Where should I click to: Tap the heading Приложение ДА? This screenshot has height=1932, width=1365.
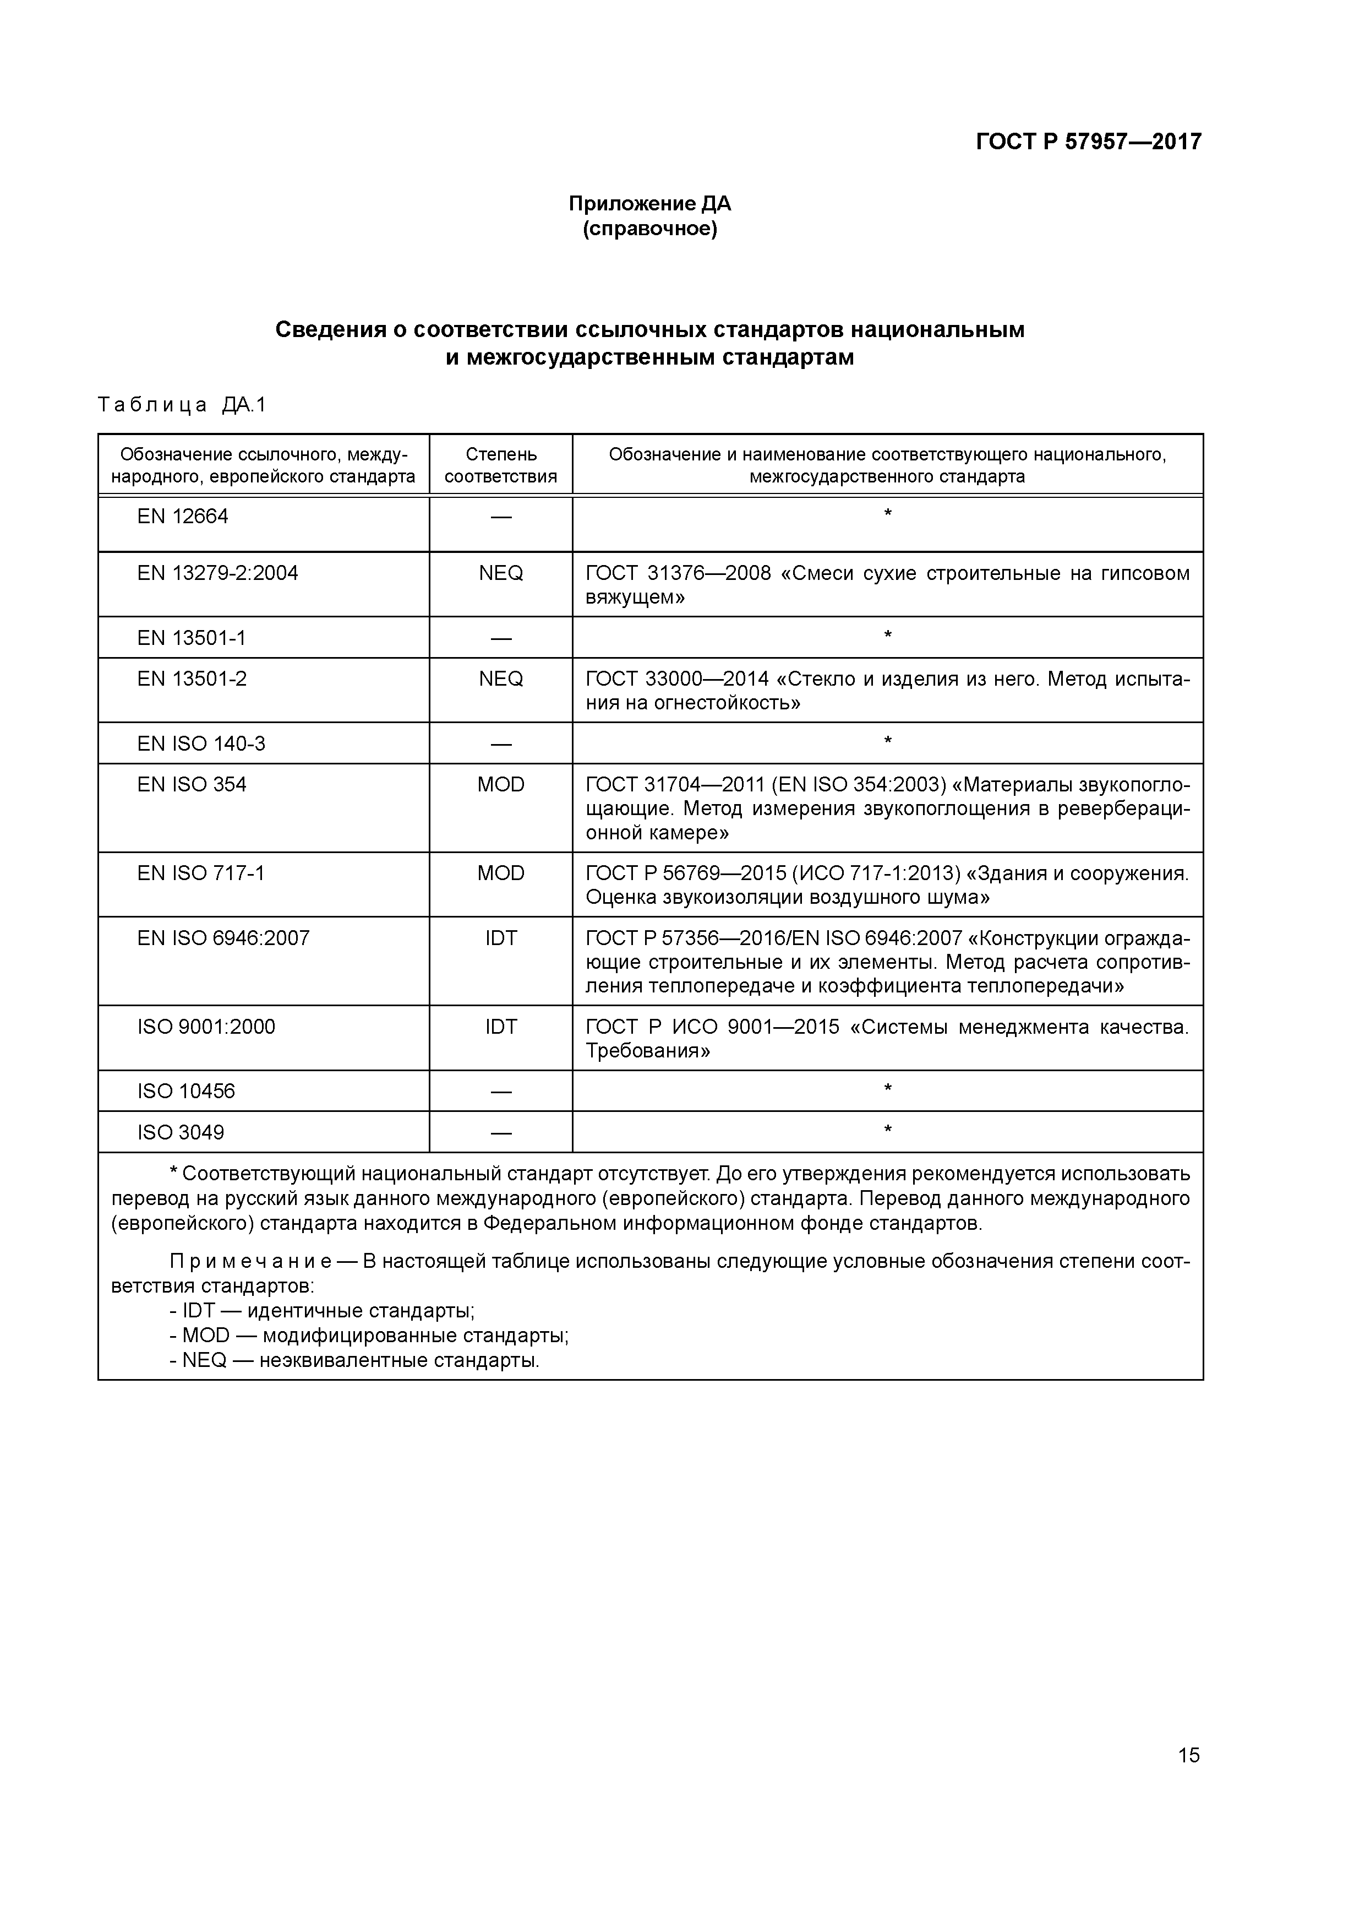tap(649, 204)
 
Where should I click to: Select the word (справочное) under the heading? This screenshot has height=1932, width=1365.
tap(649, 229)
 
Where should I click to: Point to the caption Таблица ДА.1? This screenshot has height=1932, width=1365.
tap(182, 405)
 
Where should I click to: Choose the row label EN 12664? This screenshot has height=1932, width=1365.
tap(183, 517)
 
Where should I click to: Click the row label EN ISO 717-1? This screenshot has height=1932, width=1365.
tap(201, 873)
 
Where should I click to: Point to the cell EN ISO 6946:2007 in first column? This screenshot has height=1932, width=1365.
tap(223, 938)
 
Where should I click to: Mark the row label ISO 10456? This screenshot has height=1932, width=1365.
tap(186, 1092)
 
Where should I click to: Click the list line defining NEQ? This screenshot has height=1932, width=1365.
tap(354, 1361)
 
